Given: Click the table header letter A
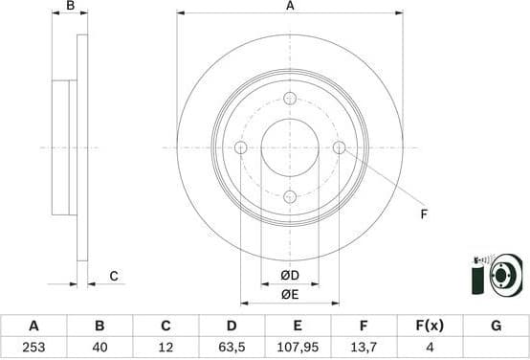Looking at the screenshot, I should pos(33,326).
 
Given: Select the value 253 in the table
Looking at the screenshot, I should pos(33,349).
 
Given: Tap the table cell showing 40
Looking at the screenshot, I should pos(99,349).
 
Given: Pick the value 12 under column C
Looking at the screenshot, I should pos(166,349).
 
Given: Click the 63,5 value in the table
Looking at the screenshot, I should pos(232,349).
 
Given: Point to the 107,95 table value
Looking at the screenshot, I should pos(298,349).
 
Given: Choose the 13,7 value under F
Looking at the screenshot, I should pos(364,349).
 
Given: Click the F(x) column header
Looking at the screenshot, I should pos(430,326).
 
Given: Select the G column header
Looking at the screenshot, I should pos(496,326).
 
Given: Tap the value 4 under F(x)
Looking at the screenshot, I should pos(430,349).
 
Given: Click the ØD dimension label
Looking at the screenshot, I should pos(290,277).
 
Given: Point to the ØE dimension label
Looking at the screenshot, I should pos(290,295).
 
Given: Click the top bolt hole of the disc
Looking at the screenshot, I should pos(290,98).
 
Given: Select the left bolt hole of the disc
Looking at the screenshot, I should pos(241,147).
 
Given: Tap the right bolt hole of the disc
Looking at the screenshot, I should pos(339,147).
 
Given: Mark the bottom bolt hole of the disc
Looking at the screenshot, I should pos(290,196).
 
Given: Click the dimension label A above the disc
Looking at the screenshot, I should pos(290,7).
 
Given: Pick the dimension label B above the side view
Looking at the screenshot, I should pos(69,7).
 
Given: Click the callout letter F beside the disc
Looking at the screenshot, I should pos(423,214).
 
